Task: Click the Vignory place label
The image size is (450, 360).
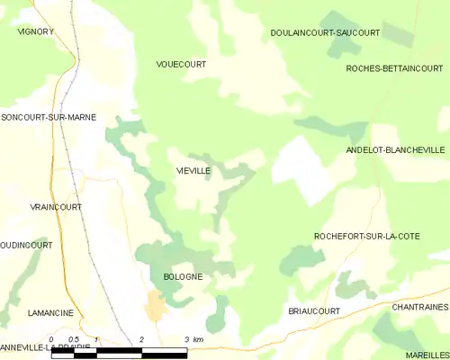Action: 36,31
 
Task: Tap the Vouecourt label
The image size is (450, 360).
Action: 181,65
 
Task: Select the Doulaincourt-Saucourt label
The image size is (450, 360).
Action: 325,32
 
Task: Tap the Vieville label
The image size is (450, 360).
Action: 193,170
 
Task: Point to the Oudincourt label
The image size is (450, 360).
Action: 26,245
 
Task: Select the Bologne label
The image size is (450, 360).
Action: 183,277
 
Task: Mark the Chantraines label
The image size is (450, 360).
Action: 419,307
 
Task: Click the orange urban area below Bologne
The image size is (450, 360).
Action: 156,307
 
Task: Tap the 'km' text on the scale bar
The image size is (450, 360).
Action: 198,340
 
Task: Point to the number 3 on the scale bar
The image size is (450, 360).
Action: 186,340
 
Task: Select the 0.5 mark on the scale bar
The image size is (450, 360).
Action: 73,340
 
